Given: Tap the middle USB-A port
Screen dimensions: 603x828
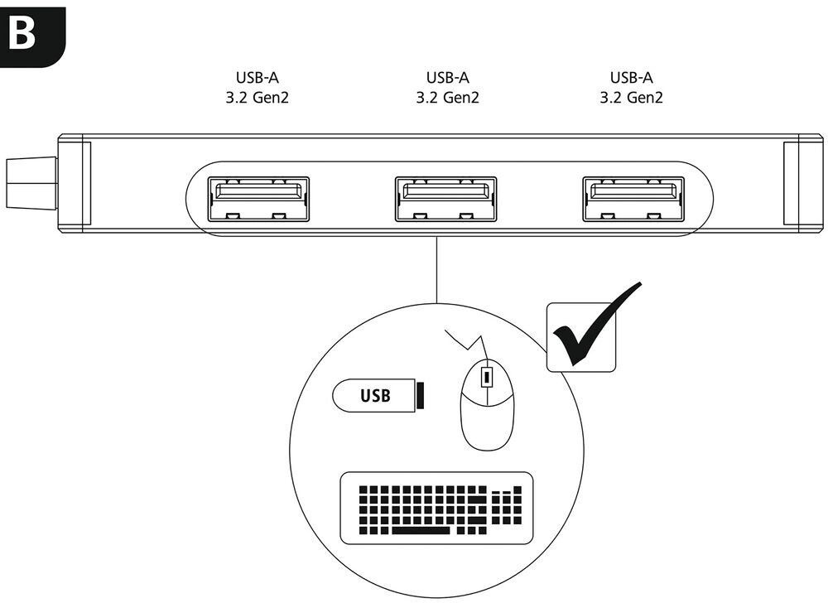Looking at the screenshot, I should coord(445,200).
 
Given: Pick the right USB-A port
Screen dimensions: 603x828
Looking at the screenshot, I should coord(633,200).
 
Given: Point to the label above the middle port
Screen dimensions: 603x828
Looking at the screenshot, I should coord(447,88).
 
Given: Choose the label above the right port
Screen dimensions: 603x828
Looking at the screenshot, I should coord(631,88).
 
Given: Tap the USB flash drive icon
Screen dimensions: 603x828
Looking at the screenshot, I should coord(378,395).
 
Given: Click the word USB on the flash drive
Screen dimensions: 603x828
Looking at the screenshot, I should coord(373,395).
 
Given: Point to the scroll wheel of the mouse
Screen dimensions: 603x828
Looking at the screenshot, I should coord(487,378).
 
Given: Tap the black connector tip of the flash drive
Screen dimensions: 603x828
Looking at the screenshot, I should coord(421,395).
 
